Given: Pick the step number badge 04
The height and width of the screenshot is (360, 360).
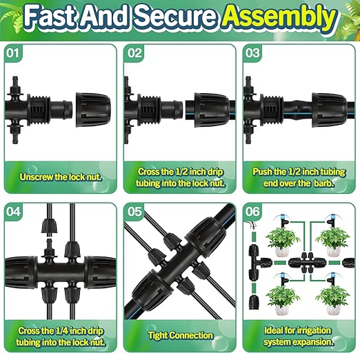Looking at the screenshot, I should pyautogui.click(x=14, y=212).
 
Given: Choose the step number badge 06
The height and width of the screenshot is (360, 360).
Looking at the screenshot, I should pyautogui.click(x=254, y=212).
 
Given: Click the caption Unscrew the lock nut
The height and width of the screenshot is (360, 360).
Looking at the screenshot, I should pyautogui.click(x=61, y=177).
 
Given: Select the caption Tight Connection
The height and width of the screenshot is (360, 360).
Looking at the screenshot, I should pyautogui.click(x=180, y=336).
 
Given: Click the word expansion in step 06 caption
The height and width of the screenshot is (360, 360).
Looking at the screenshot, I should pyautogui.click(x=315, y=340).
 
